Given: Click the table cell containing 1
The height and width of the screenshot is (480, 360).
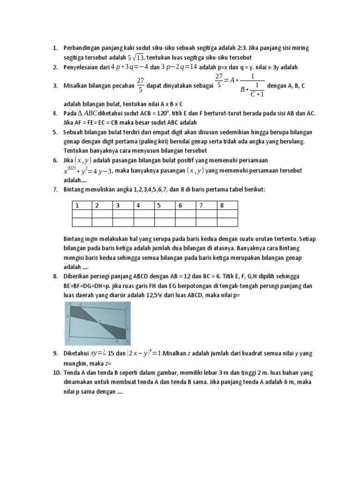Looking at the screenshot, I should click(x=82, y=205).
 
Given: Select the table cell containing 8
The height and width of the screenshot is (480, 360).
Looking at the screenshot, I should click(x=227, y=205).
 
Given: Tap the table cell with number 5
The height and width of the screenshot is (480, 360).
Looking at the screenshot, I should click(x=165, y=205).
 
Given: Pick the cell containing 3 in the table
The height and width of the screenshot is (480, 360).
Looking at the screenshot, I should click(x=123, y=205).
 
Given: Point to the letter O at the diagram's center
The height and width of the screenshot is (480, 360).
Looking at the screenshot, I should click(x=99, y=320).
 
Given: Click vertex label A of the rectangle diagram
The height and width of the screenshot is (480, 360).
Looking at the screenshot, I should click(x=69, y=339).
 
